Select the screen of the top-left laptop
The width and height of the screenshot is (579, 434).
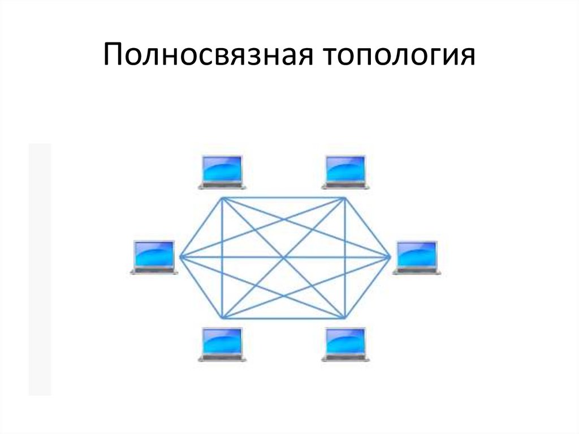222,168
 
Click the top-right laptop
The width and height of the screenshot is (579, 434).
345,171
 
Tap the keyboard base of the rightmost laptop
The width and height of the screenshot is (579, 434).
417,272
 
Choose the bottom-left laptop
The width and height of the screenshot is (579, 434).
222,344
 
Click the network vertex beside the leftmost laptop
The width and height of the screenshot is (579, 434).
180,257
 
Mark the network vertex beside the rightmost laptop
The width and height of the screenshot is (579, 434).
390,257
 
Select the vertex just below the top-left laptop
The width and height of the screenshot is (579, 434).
222,197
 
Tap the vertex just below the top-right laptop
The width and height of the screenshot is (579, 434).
345,197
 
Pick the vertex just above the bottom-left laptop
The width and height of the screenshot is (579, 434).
222,317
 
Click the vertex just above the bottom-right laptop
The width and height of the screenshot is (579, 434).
345,317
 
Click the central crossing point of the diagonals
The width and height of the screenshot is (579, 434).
284,257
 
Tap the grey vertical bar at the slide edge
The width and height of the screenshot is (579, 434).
40,269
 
